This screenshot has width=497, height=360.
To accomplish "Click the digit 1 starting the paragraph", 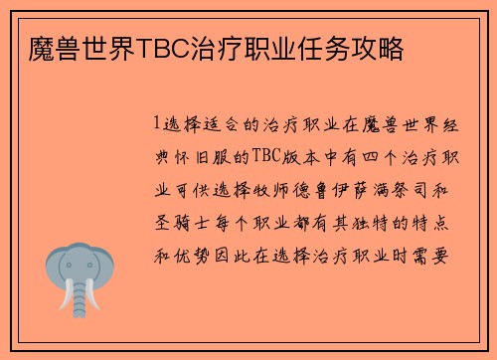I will coord(157,125).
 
